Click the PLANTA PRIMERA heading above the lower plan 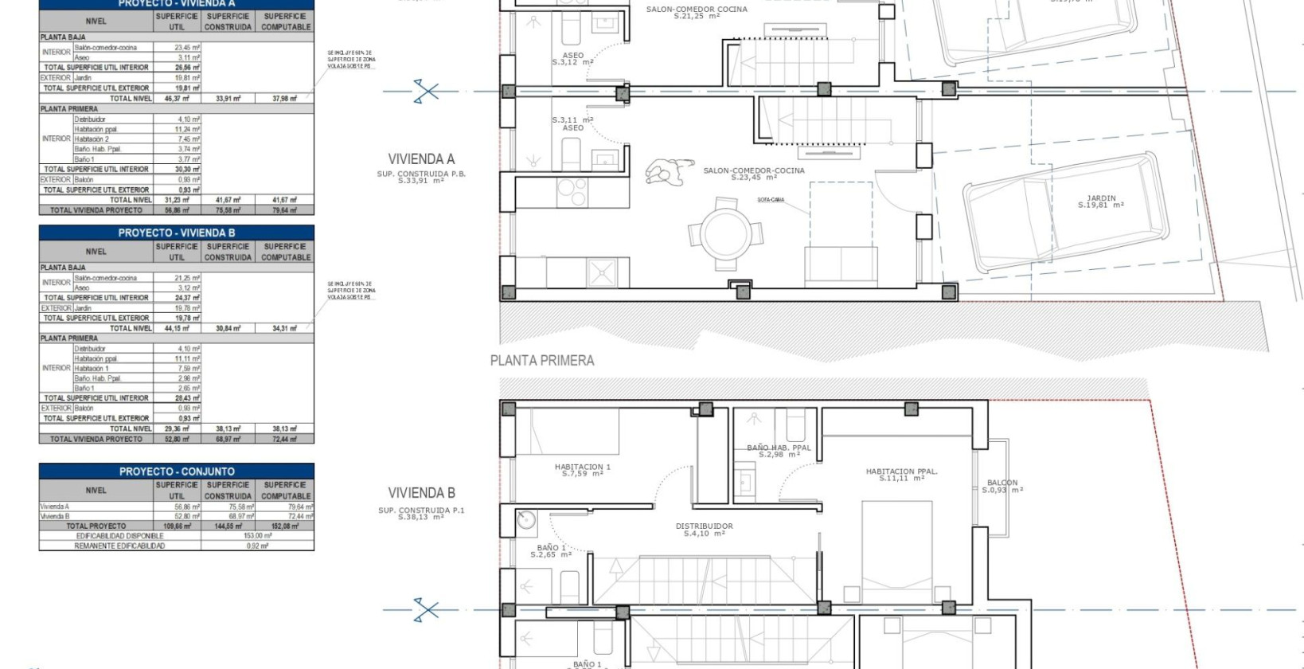click(541, 361)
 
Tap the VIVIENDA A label click(421, 159)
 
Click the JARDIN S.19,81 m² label click(1101, 201)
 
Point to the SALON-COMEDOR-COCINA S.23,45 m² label click(753, 174)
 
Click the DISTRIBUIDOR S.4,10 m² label click(704, 530)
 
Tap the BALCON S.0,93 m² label click(1001, 486)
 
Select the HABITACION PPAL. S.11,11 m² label click(901, 475)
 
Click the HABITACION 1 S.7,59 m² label click(582, 470)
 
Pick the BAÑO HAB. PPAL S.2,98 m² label click(778, 451)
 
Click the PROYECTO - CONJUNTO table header click(177, 471)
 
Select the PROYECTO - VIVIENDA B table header click(177, 233)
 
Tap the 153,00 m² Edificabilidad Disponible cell click(257, 536)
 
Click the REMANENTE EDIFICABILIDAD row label click(120, 546)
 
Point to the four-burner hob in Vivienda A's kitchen click(571, 190)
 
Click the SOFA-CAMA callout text click(770, 200)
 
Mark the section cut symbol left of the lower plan click(426, 611)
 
